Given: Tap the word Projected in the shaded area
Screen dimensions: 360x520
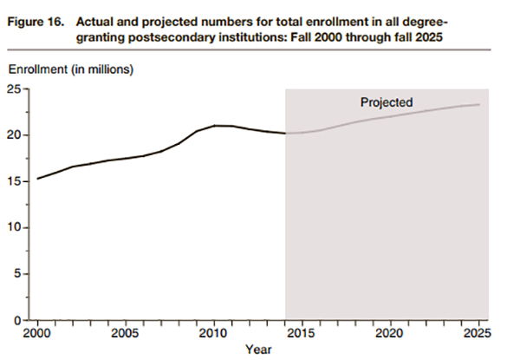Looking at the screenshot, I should (x=387, y=102).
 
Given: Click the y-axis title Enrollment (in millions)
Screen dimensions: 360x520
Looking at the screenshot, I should (x=72, y=69).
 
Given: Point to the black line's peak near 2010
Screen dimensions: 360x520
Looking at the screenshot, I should (x=218, y=126).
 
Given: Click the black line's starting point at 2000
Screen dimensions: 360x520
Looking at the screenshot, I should (x=38, y=179).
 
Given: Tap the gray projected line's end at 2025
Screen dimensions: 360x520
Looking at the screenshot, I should (x=478, y=105).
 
